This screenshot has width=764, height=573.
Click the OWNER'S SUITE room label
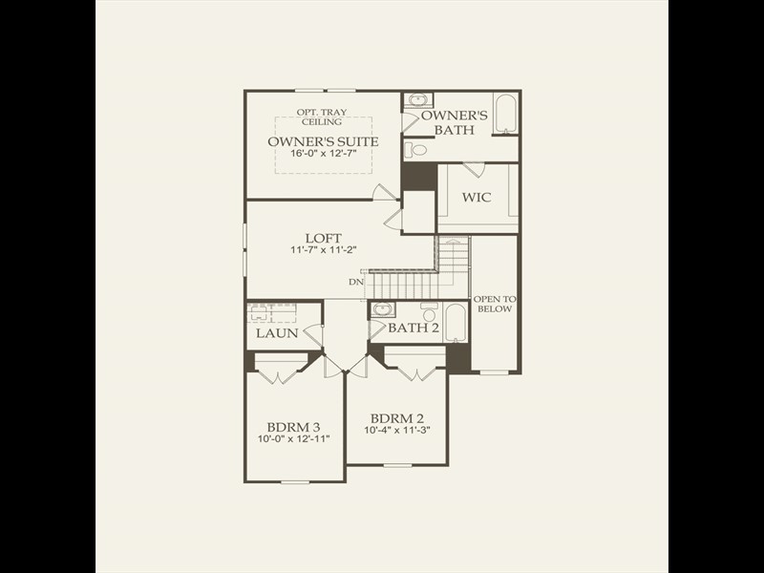323,141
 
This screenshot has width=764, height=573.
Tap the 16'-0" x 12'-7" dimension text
323,154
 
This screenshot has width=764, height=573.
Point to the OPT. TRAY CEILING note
323,117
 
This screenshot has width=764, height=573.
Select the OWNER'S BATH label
461,122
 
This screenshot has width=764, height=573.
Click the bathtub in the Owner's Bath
505,113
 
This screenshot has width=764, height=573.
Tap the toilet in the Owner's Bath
414,149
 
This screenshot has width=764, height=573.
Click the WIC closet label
477,198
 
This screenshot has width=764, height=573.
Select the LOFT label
323,238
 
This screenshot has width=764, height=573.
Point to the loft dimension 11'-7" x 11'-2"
323,250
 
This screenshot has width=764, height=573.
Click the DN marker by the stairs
355,282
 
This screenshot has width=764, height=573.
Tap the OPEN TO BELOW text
494,304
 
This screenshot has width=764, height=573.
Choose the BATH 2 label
414,329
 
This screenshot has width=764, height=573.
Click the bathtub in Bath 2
456,323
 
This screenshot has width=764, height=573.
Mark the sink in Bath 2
383,309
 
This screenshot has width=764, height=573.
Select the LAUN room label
276,333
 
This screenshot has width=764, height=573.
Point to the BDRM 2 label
396,418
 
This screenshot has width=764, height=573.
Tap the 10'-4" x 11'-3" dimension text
396,431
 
